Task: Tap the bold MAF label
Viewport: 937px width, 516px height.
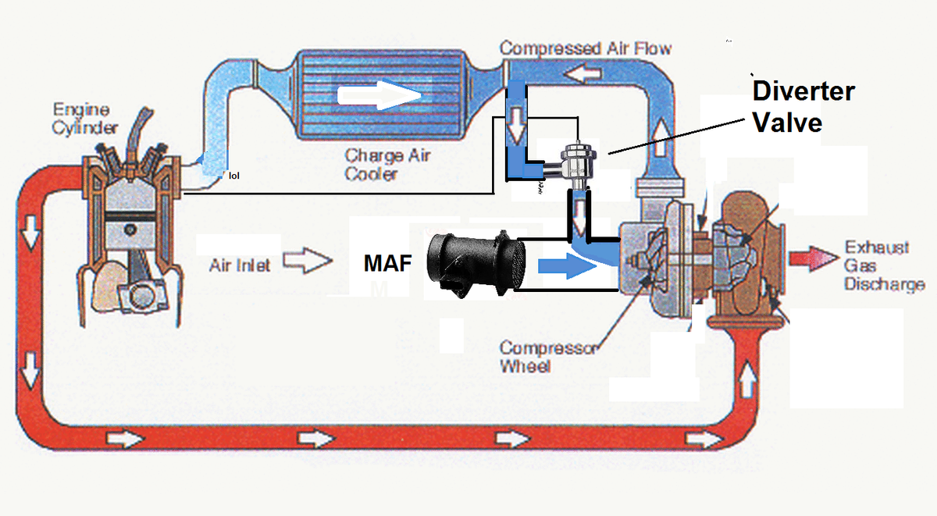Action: pyautogui.click(x=387, y=263)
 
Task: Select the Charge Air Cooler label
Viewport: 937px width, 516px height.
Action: pyautogui.click(x=387, y=164)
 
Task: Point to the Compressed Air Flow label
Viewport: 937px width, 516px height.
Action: pyautogui.click(x=585, y=48)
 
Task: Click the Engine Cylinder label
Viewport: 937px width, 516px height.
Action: pyautogui.click(x=85, y=119)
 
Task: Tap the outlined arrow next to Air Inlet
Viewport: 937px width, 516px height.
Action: pyautogui.click(x=306, y=262)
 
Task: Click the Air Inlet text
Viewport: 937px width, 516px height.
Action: pyautogui.click(x=240, y=265)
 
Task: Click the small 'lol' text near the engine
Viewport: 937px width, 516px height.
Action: pyautogui.click(x=234, y=176)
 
